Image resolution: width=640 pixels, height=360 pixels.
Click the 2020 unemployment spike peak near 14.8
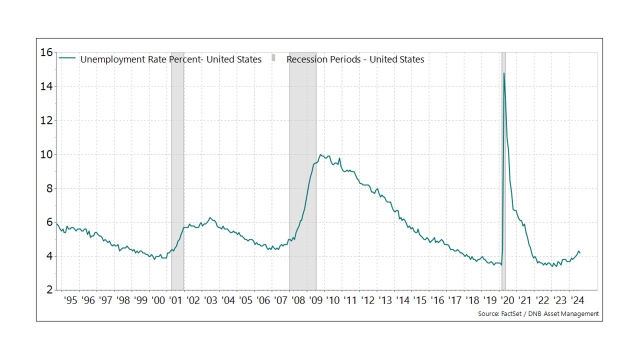(x=504, y=73)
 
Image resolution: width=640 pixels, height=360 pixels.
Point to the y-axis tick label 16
(x=46, y=52)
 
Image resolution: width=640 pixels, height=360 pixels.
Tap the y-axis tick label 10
(x=46, y=154)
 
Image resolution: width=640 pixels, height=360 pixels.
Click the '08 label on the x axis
(x=298, y=300)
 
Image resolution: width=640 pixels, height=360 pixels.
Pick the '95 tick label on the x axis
(x=70, y=300)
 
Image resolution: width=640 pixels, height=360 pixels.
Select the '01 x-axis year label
(x=175, y=300)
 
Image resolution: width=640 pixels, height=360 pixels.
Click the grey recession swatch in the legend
(x=273, y=58)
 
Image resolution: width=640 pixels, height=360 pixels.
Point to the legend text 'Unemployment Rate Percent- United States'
(x=171, y=59)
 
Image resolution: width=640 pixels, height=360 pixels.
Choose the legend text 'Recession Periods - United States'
(x=355, y=59)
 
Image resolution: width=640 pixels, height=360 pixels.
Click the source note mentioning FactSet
(x=538, y=314)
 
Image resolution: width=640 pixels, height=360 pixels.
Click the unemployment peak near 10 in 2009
(x=320, y=155)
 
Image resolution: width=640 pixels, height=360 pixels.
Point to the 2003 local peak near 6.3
(x=210, y=217)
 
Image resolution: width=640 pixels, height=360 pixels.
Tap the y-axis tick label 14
(x=46, y=86)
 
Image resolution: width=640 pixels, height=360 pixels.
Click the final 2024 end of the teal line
(x=580, y=253)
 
